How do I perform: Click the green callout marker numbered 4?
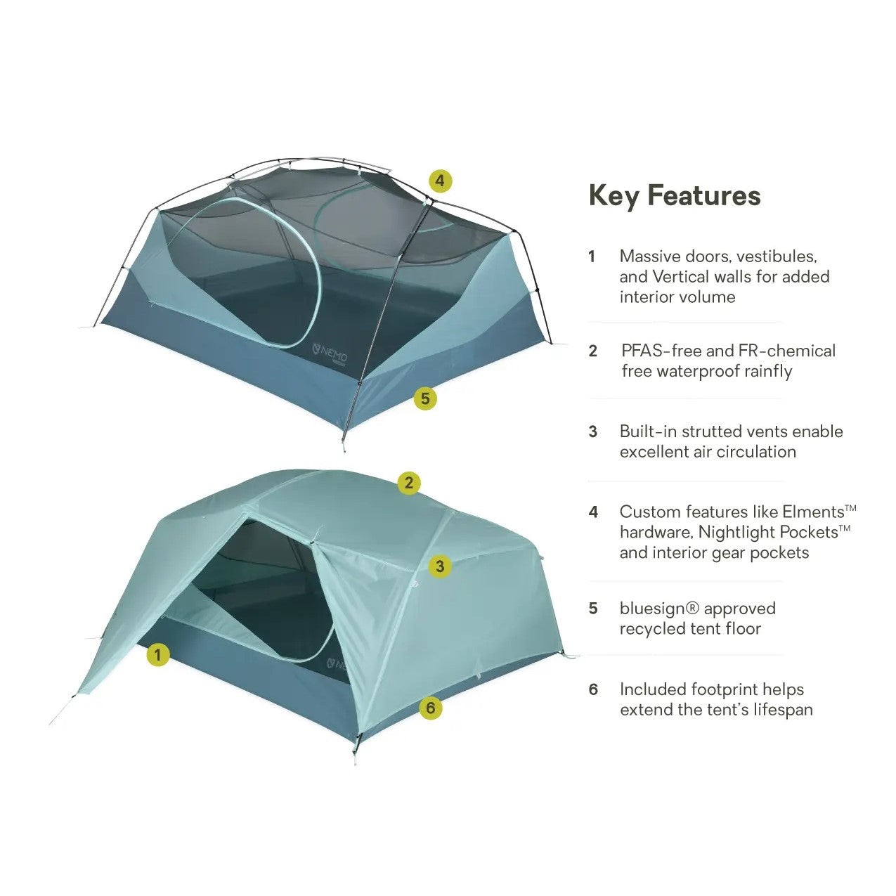[439, 181]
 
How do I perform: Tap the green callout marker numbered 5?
[424, 399]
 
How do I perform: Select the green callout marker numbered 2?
[409, 483]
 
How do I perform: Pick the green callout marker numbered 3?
[440, 566]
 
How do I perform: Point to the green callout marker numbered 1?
[158, 656]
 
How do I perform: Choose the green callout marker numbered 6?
[431, 708]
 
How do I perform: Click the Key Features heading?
[674, 195]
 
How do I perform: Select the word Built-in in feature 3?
[648, 431]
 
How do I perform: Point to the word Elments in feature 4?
[813, 512]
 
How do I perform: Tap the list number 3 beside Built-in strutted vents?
[593, 431]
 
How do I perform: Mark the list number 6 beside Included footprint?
[593, 689]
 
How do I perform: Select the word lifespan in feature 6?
[778, 710]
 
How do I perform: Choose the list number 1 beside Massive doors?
[592, 257]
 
